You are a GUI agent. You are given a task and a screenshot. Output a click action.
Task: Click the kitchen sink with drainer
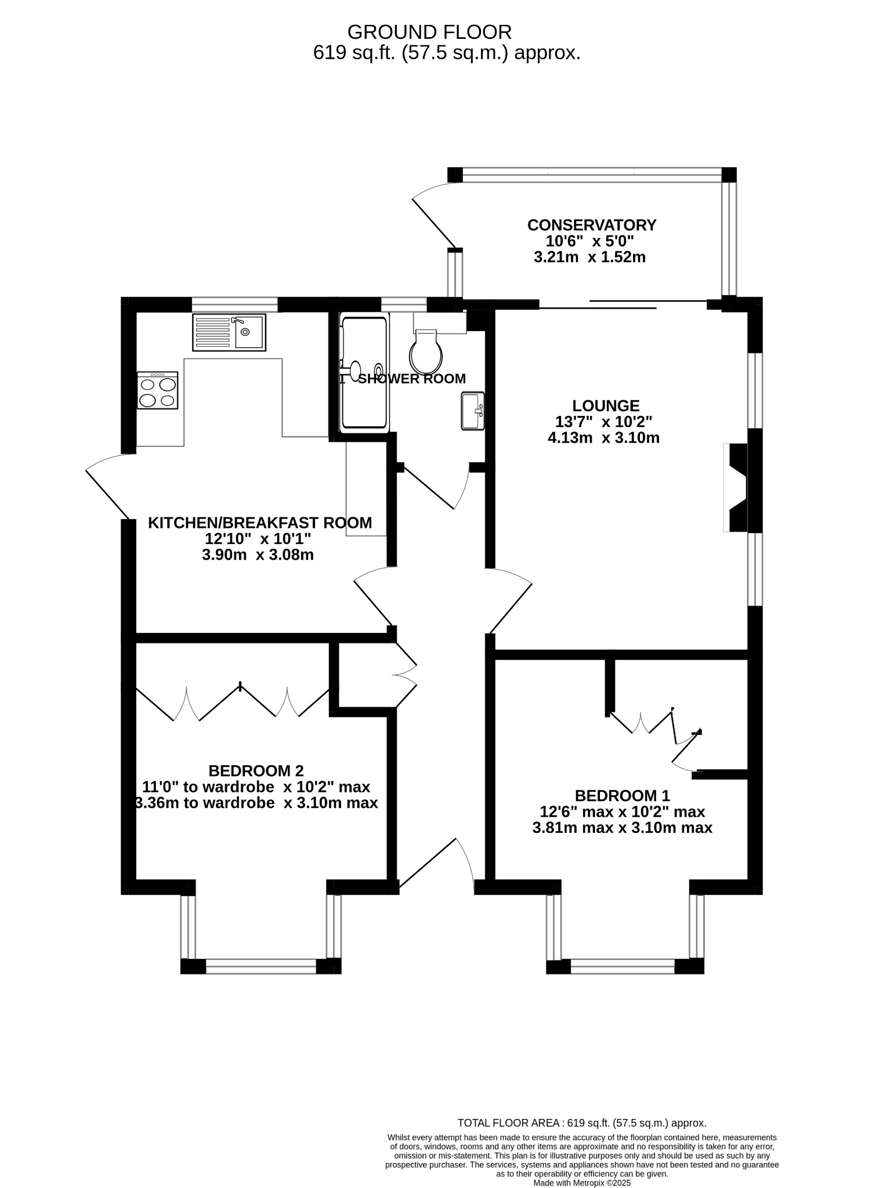229,332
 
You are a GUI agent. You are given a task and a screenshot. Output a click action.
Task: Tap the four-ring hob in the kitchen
157,390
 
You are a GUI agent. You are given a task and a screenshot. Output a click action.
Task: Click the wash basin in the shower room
472,411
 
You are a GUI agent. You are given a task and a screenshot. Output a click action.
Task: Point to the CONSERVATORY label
592,225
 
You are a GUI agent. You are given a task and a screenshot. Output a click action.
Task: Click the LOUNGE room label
606,406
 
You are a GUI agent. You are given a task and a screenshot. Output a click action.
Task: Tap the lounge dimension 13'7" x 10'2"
604,422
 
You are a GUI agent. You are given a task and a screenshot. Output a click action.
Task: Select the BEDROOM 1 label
622,795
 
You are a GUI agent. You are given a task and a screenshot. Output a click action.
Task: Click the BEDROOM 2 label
256,771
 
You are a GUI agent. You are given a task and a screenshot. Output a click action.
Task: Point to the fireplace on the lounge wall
737,487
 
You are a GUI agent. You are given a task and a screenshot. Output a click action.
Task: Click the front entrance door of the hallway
435,864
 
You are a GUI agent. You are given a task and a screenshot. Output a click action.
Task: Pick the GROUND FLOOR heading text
429,31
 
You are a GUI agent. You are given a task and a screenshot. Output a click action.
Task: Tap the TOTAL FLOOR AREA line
581,1123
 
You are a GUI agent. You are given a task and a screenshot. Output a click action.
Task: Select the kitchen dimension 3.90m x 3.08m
258,555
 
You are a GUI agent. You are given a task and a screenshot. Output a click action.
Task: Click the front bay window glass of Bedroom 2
261,966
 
